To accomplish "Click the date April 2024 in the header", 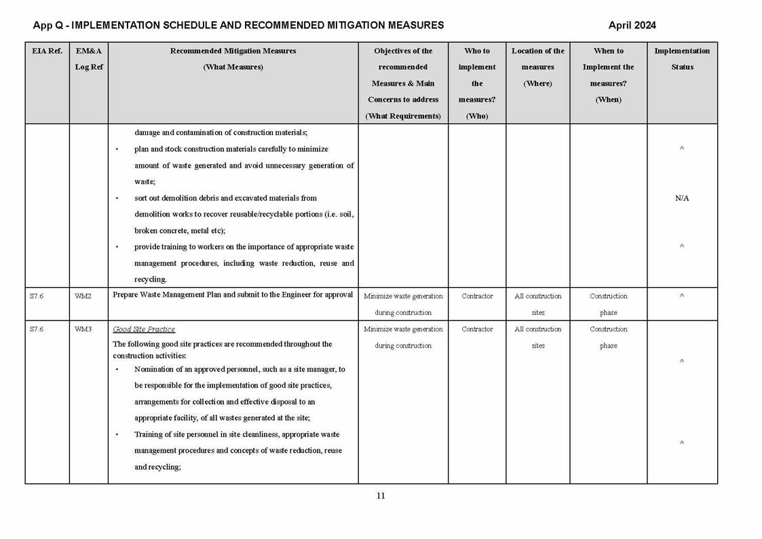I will pyautogui.click(x=632, y=26).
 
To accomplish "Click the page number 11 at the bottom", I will pyautogui.click(x=381, y=496).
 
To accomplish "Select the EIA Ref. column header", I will pyautogui.click(x=47, y=51).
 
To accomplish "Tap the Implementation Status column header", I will pyautogui.click(x=682, y=59).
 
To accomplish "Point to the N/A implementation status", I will pyautogui.click(x=682, y=198).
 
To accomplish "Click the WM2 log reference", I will pyautogui.click(x=83, y=296).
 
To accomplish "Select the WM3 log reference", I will pyautogui.click(x=83, y=329).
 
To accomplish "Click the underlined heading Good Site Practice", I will pyautogui.click(x=144, y=329).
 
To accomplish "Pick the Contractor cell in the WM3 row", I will pyautogui.click(x=477, y=329).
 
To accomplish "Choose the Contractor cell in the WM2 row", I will pyautogui.click(x=477, y=296).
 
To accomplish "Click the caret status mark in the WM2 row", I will pyautogui.click(x=682, y=296).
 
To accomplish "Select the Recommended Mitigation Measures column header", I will pyautogui.click(x=233, y=51).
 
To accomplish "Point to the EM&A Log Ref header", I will pyautogui.click(x=88, y=59).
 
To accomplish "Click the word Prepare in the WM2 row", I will pyautogui.click(x=126, y=295).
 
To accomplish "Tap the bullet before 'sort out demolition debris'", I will pyautogui.click(x=117, y=198).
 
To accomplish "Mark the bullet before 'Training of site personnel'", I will pyautogui.click(x=117, y=434).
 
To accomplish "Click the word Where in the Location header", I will pyautogui.click(x=537, y=83).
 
